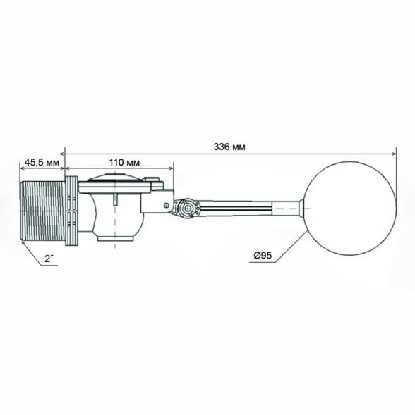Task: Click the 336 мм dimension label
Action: click(x=229, y=147)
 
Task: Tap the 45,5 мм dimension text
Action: click(x=42, y=162)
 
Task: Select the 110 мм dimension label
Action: click(x=124, y=162)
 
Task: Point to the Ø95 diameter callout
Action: click(x=263, y=255)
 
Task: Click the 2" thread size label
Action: click(x=49, y=259)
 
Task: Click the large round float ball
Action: click(x=350, y=209)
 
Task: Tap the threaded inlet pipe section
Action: click(x=42, y=211)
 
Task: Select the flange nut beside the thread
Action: click(x=71, y=211)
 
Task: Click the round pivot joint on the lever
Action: click(x=187, y=208)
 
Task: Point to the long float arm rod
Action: click(x=235, y=206)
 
